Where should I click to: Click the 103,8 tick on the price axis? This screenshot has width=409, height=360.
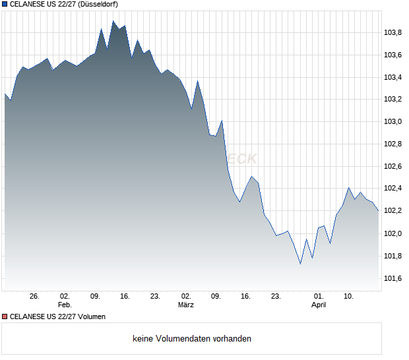pyautogui.click(x=393, y=32)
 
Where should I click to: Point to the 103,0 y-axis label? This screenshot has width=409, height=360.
pyautogui.click(x=393, y=122)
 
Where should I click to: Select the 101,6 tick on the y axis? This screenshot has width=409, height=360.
pyautogui.click(x=393, y=279)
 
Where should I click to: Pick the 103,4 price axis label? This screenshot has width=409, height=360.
pyautogui.click(x=393, y=77)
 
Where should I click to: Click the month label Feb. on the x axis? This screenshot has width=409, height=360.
pyautogui.click(x=64, y=305)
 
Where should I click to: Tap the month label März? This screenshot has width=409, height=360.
pyautogui.click(x=186, y=305)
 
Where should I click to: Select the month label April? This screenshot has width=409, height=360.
pyautogui.click(x=319, y=305)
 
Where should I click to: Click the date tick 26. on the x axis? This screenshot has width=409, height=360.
pyautogui.click(x=35, y=297)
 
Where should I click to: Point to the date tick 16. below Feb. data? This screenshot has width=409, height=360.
pyautogui.click(x=125, y=297)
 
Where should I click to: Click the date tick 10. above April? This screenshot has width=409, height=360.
pyautogui.click(x=349, y=297)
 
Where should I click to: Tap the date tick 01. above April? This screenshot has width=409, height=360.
pyautogui.click(x=319, y=297)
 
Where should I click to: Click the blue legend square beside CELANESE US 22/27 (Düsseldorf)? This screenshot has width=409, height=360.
pyautogui.click(x=5, y=4)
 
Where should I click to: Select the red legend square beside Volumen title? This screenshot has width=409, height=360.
pyautogui.click(x=5, y=316)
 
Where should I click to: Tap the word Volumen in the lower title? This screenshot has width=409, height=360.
pyautogui.click(x=90, y=316)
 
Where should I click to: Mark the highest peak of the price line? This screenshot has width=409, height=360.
pyautogui.click(x=113, y=21)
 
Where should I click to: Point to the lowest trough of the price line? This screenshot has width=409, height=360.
pyautogui.click(x=300, y=264)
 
